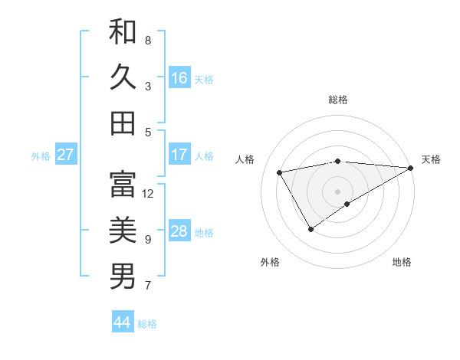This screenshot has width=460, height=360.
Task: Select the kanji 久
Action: click(x=123, y=77)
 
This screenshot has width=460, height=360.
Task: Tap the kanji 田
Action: click(x=123, y=123)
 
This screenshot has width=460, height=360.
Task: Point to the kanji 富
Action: click(x=123, y=184)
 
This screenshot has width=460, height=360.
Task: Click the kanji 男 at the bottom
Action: click(x=123, y=277)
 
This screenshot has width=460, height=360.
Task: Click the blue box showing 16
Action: click(x=179, y=78)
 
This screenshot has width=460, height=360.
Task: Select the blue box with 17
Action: click(x=179, y=155)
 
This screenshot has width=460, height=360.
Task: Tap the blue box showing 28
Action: click(x=179, y=231)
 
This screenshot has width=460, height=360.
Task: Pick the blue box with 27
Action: click(x=66, y=155)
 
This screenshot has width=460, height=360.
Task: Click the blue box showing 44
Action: click(x=123, y=322)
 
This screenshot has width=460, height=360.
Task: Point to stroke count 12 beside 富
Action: click(x=148, y=194)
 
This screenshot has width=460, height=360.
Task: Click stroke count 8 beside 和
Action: click(x=148, y=40)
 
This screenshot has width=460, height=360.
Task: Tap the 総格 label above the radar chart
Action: click(x=337, y=100)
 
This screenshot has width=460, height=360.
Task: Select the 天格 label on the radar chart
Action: click(x=431, y=159)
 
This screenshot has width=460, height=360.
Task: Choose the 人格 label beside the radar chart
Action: click(x=245, y=159)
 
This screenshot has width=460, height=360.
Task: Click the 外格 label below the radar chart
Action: click(x=270, y=262)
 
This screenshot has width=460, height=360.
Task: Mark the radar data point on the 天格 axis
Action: click(x=411, y=167)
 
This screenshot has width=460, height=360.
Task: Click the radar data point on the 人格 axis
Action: click(x=280, y=172)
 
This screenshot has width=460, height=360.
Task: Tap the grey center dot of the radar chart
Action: click(x=337, y=191)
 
